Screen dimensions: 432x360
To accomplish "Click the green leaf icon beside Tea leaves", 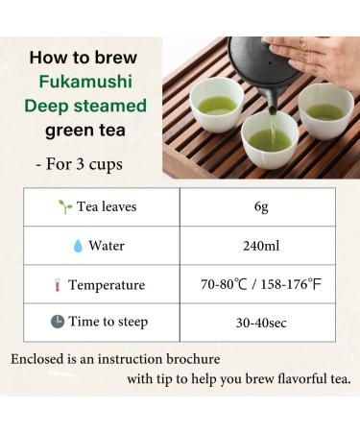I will point(65,206).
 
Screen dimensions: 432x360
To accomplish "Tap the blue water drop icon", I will point(78,246).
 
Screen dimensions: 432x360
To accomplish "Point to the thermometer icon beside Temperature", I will point(58,285).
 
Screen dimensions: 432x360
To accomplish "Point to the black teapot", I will point(259,67).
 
